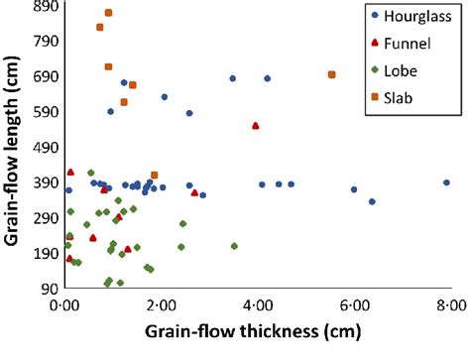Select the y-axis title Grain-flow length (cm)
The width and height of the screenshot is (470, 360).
[x=14, y=149]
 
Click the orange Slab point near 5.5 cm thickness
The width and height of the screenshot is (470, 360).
[x=332, y=74]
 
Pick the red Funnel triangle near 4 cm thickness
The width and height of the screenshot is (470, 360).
[x=256, y=126]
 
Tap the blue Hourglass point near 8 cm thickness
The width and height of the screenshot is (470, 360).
[x=446, y=182]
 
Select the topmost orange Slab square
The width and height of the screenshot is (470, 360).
[x=108, y=13]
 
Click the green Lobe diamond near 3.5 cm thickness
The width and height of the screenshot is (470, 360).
[x=234, y=246]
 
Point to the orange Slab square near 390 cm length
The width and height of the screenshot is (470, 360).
[x=154, y=176]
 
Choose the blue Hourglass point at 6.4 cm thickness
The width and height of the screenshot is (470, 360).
[x=372, y=201]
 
